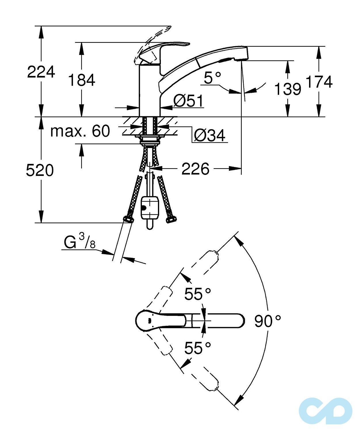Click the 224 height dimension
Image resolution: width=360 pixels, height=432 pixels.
pyautogui.click(x=41, y=72)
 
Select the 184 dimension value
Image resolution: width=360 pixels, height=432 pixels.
pyautogui.click(x=81, y=80)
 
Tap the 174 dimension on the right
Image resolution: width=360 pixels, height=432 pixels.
pyautogui.click(x=319, y=82)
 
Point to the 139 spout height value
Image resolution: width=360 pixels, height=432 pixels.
pyautogui.click(x=287, y=89)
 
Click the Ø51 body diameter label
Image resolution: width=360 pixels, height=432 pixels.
pyautogui.click(x=188, y=101)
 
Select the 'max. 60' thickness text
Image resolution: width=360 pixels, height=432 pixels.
pyautogui.click(x=80, y=131)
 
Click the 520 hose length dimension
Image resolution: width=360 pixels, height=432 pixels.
pyautogui.click(x=40, y=170)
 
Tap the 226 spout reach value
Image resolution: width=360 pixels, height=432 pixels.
pyautogui.click(x=195, y=169)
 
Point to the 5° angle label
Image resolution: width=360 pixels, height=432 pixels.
pyautogui.click(x=212, y=78)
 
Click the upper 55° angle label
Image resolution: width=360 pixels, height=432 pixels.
pyautogui.click(x=198, y=294)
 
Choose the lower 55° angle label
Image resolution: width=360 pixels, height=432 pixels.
pyautogui.click(x=198, y=348)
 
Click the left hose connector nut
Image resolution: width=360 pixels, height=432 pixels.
pyautogui.click(x=128, y=219)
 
